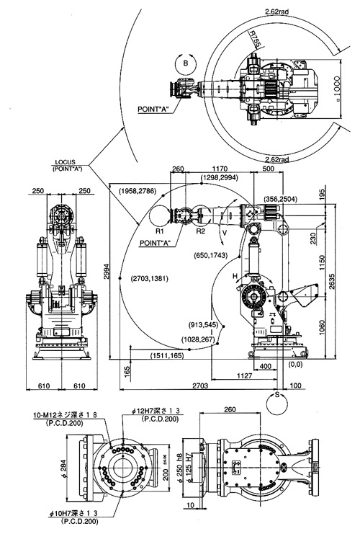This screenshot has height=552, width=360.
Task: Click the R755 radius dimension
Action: [255, 39]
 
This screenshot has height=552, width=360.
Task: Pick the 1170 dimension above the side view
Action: [220, 169]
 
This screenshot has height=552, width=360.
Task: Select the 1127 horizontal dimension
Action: [244, 375]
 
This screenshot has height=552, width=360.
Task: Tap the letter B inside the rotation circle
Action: [186, 63]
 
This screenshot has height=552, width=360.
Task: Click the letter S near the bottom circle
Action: [277, 395]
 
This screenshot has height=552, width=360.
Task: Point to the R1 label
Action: [160, 231]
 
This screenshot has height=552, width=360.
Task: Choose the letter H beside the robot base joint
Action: [235, 277]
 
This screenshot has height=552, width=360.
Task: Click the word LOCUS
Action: [65, 162]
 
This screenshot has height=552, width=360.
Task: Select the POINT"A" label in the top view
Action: [154, 109]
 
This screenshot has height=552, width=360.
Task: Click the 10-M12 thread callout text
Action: [65, 415]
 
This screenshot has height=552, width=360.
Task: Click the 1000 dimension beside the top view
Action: [336, 89]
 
